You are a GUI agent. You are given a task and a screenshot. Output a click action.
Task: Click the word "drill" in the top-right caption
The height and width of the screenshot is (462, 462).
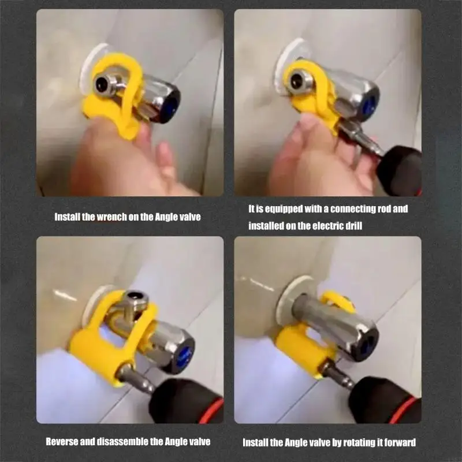tap(352, 226)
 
